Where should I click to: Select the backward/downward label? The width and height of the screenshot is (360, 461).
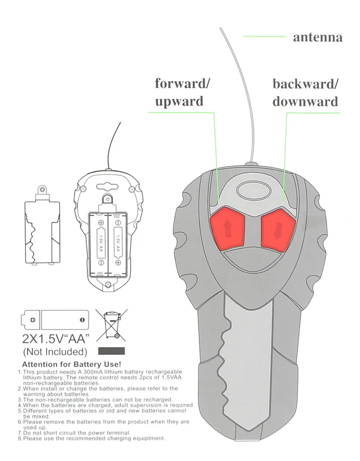tap(305, 92)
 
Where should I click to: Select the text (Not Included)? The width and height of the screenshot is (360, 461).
tap(54, 352)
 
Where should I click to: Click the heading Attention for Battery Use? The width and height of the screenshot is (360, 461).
tap(71, 364)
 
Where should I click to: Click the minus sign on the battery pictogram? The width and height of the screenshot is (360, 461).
tap(81, 319)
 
